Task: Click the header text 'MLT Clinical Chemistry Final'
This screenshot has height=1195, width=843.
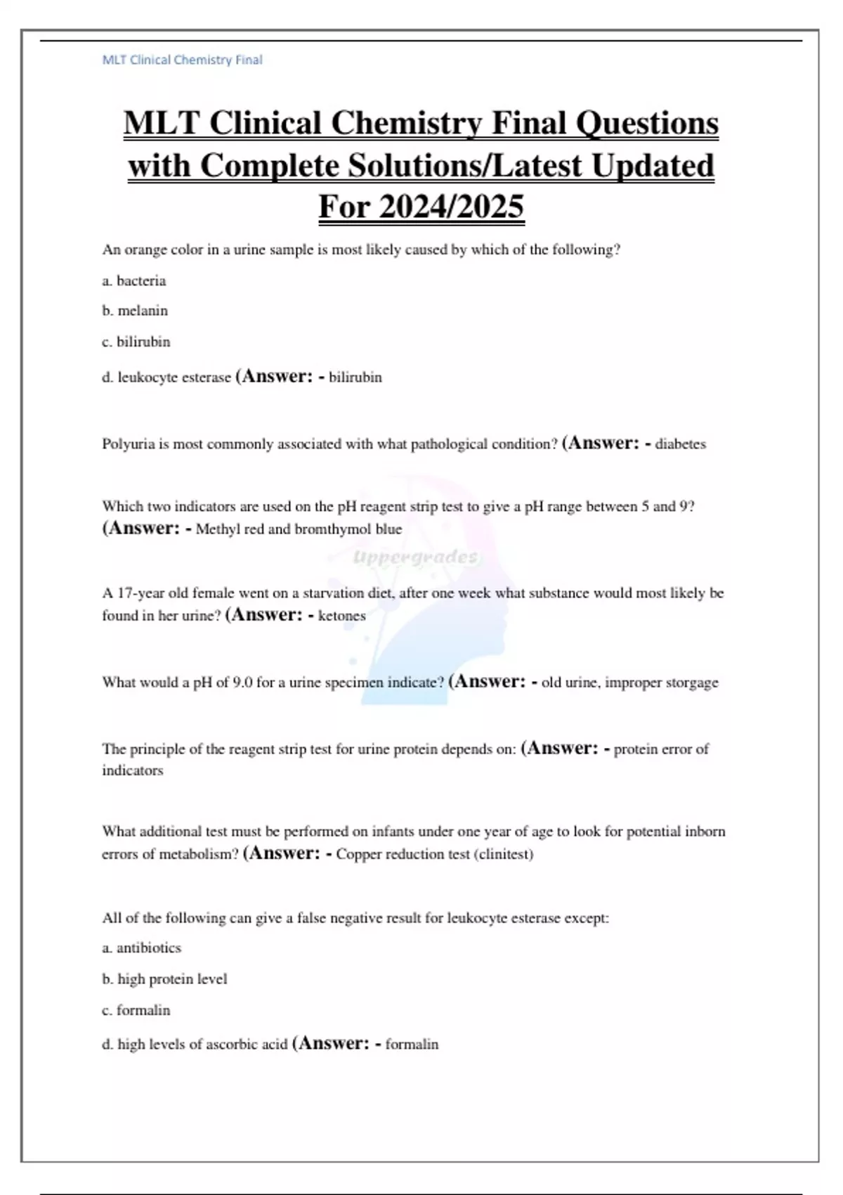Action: pyautogui.click(x=182, y=60)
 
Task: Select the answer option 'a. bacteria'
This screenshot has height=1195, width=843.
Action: pyautogui.click(x=134, y=281)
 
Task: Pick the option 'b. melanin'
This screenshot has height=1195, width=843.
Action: pyautogui.click(x=135, y=311)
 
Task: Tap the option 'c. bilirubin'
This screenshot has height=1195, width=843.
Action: pyautogui.click(x=136, y=342)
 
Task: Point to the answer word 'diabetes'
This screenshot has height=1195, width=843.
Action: pyautogui.click(x=680, y=444)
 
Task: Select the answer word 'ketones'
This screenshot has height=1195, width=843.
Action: pyautogui.click(x=342, y=616)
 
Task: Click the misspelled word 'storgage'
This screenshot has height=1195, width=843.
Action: pyautogui.click(x=690, y=683)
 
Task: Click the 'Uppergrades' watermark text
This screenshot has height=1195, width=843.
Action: pyautogui.click(x=414, y=557)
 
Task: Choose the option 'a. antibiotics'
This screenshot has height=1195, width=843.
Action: pyautogui.click(x=141, y=948)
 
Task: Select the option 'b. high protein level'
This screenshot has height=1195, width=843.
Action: pyautogui.click(x=164, y=979)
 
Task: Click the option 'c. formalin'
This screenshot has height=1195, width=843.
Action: pyautogui.click(x=136, y=1010)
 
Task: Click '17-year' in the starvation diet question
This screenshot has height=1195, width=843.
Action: pyautogui.click(x=140, y=593)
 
